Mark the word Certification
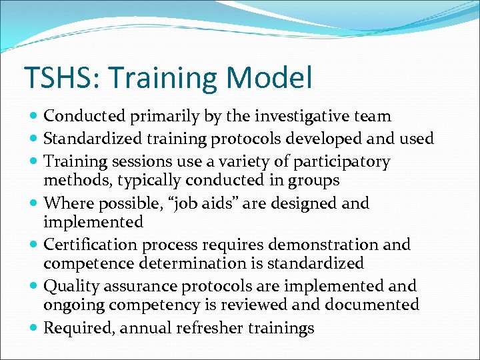89,245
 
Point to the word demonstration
337,245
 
